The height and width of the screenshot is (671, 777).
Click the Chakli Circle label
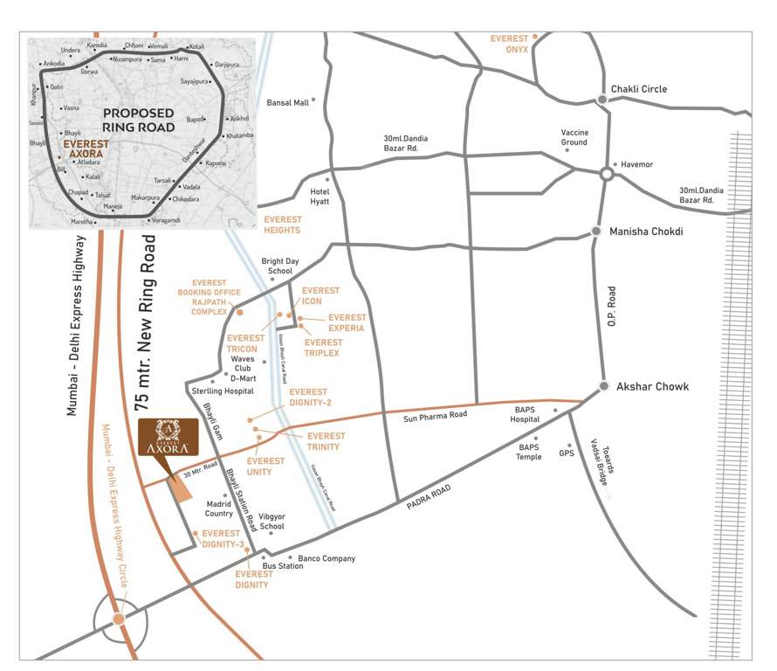coord(639,89)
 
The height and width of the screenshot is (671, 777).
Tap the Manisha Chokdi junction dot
coord(596,232)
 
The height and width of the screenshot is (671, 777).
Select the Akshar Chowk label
coord(653,386)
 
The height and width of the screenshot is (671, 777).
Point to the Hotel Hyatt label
coord(319,197)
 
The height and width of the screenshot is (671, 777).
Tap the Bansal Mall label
coord(288,102)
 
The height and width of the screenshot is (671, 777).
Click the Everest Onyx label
coord(510,45)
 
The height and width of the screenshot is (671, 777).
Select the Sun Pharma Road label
coord(436,417)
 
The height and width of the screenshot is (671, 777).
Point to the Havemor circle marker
coord(606,174)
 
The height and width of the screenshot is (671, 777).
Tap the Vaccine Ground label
coord(574,137)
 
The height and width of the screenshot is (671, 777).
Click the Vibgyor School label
coord(272,522)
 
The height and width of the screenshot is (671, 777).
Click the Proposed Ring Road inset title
coord(139,121)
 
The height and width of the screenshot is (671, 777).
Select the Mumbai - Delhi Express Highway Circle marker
coord(118,619)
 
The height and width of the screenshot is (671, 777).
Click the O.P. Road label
coord(613,311)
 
